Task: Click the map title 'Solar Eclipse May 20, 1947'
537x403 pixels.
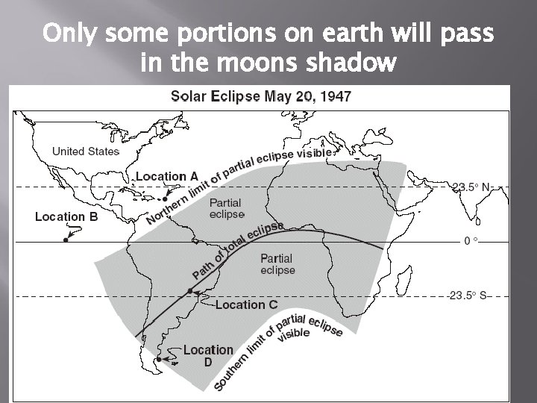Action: click(262, 96)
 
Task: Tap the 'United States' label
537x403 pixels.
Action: click(86, 151)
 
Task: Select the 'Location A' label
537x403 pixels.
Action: click(167, 177)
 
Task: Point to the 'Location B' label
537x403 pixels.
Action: click(66, 217)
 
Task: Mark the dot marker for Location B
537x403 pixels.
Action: click(66, 241)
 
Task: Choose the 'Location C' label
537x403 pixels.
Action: click(246, 304)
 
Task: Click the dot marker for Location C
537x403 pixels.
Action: click(191, 290)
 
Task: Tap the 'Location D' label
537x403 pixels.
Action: click(208, 355)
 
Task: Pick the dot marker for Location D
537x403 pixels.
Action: click(159, 359)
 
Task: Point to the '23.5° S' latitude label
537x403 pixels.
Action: click(469, 296)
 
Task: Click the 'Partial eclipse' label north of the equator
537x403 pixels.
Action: click(225, 208)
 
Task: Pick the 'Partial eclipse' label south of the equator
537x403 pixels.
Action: click(277, 264)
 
